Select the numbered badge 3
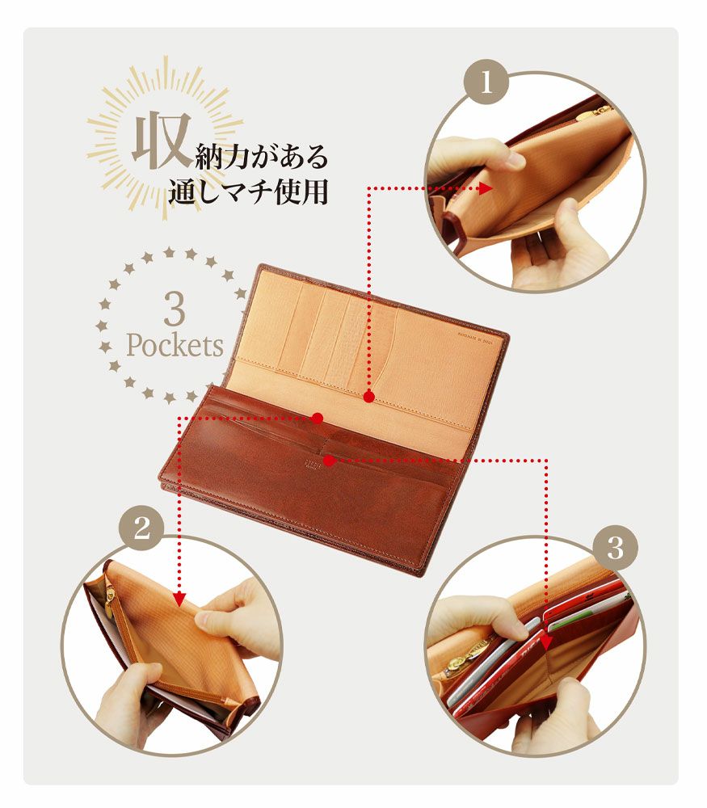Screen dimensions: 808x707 [x=616, y=549]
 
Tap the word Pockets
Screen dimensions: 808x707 [x=175, y=346]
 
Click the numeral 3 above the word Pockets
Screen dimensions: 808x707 [x=174, y=309]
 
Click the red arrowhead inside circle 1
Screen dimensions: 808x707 [x=486, y=188]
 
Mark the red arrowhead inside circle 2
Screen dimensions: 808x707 [x=180, y=599]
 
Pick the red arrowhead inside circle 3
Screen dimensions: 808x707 [x=547, y=642]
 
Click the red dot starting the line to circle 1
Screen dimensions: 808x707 [x=368, y=397]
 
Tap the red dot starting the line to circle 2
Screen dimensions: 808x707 [x=318, y=418]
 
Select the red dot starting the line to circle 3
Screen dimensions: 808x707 [x=329, y=461]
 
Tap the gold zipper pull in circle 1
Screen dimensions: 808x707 [x=600, y=111]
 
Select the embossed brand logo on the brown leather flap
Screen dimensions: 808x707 [x=312, y=467]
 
